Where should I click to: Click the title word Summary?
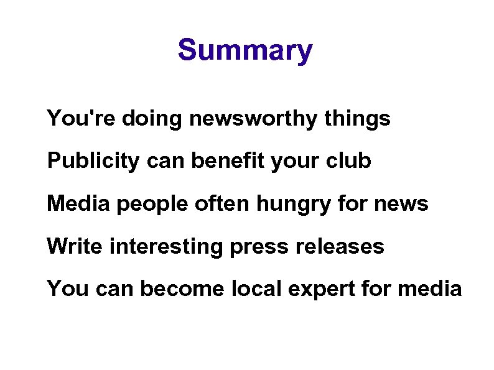(x=245, y=50)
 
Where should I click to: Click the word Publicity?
(x=94, y=160)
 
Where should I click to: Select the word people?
(x=142, y=205)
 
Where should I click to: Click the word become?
(x=174, y=289)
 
